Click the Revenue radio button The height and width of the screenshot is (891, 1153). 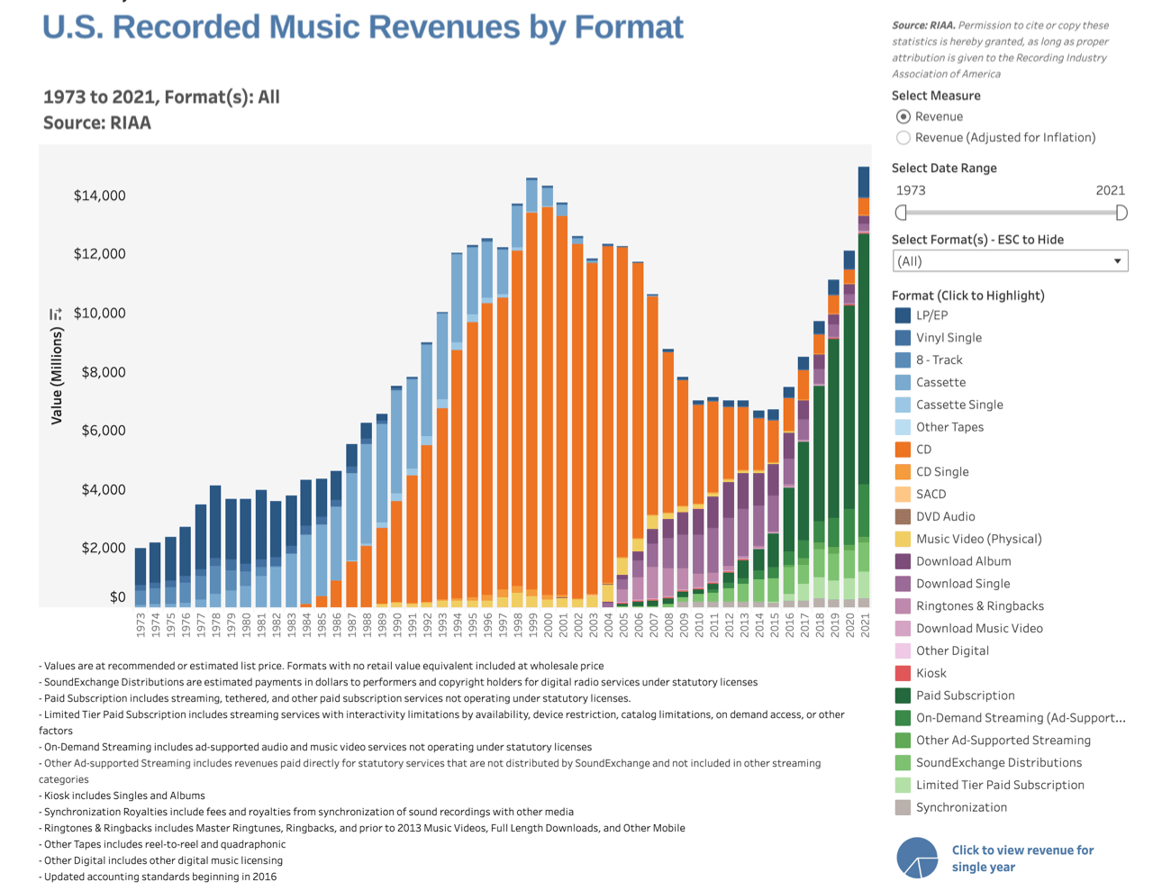click(903, 116)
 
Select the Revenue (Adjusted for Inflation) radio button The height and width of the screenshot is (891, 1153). click(903, 138)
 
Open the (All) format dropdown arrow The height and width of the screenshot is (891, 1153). click(1117, 260)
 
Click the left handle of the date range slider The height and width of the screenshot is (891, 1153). click(901, 213)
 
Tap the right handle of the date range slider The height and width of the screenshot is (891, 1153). click(1121, 213)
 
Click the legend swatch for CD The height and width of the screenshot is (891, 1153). click(903, 449)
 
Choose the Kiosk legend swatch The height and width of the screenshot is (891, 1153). click(903, 673)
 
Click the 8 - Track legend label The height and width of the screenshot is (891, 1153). click(939, 359)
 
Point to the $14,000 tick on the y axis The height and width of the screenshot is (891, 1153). click(100, 195)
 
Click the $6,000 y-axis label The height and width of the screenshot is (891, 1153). click(104, 430)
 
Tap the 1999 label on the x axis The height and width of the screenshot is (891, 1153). click(532, 624)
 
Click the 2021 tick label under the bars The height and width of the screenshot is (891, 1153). click(865, 624)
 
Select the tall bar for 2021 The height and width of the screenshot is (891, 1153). click(864, 386)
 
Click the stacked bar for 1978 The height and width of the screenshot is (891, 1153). click(215, 546)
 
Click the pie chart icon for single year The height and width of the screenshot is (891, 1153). click(917, 858)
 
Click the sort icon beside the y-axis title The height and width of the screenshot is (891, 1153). click(56, 314)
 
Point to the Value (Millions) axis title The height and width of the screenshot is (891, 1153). click(56, 376)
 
